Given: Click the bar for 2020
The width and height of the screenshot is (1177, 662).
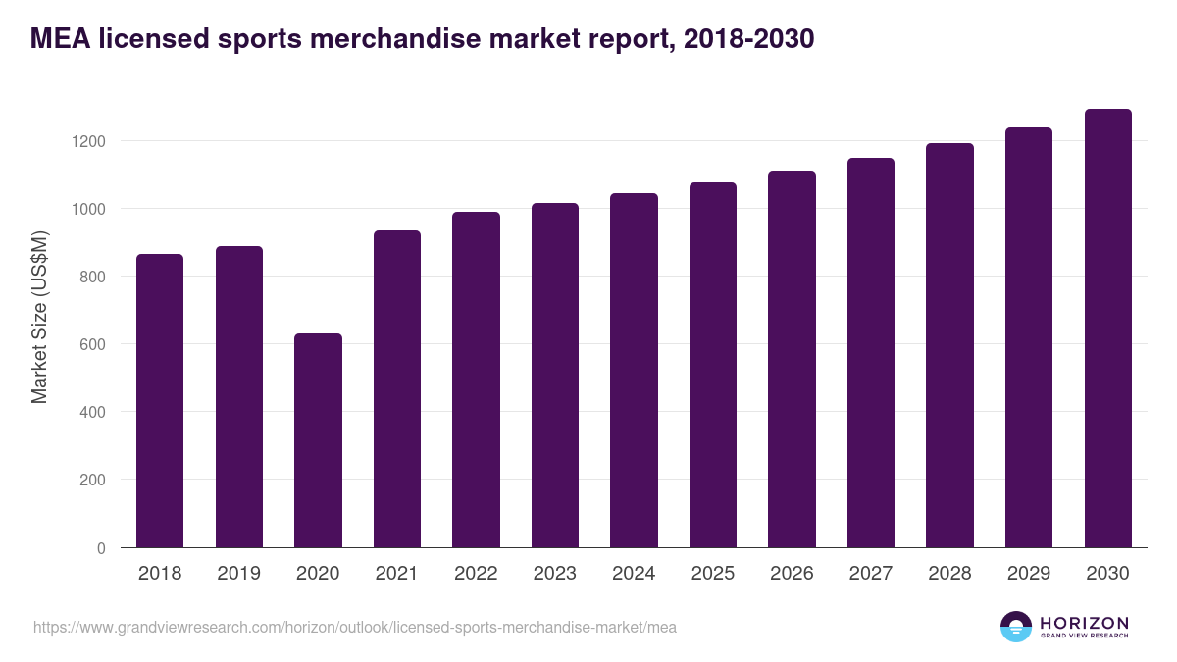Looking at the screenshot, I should click(x=318, y=440).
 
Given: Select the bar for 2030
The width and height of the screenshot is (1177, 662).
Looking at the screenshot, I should click(x=1107, y=329).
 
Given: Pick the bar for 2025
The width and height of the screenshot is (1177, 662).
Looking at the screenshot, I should click(x=713, y=365).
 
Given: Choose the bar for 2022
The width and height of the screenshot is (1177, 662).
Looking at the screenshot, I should click(x=476, y=380).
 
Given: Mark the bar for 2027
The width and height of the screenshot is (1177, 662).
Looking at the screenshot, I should click(x=871, y=352).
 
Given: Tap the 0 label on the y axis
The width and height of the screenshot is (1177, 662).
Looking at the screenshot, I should click(x=101, y=548).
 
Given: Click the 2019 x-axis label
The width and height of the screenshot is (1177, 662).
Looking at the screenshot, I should click(x=238, y=574).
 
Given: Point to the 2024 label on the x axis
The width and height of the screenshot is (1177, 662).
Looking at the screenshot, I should click(x=634, y=574).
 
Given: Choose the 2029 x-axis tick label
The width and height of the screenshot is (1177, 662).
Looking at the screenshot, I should click(x=1029, y=574).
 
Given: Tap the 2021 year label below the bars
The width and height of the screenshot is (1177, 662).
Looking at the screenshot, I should click(x=396, y=574).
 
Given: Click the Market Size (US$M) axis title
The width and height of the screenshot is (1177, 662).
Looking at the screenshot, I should click(x=39, y=317).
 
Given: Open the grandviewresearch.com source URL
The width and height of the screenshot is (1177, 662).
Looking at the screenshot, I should click(x=354, y=627).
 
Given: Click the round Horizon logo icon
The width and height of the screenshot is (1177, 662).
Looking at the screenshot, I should click(x=1016, y=627).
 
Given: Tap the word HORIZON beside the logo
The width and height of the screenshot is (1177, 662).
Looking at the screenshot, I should click(x=1085, y=622).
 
